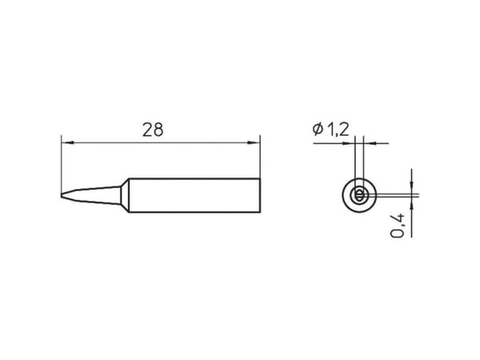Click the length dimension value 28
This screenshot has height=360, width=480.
point(153,130)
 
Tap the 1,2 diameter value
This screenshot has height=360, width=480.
point(338,130)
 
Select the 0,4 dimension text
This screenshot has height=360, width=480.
point(398,226)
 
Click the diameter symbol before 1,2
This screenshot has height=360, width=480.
point(318,129)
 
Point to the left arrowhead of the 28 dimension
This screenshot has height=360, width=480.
point(67,142)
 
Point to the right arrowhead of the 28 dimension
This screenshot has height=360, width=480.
point(254,142)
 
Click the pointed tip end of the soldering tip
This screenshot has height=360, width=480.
point(62,195)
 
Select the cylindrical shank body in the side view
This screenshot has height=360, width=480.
point(194,195)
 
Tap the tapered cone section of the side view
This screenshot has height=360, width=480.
point(91,194)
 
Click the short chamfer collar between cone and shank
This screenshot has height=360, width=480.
point(125,195)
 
